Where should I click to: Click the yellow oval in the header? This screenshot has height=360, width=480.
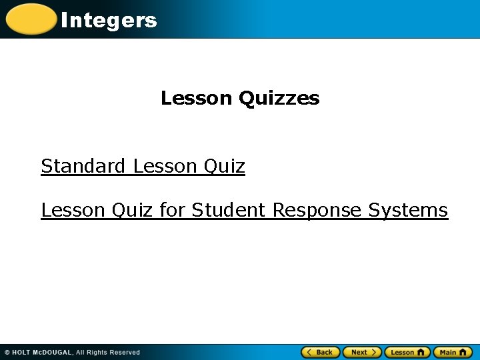tap(31, 19)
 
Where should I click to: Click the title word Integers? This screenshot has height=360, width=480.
tap(109, 20)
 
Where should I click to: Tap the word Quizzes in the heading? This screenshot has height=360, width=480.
tap(279, 99)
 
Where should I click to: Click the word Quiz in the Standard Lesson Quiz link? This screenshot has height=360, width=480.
tap(224, 166)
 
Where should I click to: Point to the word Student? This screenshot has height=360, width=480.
tap(229, 210)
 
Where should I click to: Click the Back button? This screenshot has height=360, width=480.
tap(321, 352)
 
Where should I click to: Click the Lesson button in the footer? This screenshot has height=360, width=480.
tap(407, 352)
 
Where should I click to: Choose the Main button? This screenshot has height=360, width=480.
tap(453, 352)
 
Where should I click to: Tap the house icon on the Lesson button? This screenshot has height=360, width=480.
tap(421, 352)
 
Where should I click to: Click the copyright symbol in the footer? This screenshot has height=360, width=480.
tap(7, 353)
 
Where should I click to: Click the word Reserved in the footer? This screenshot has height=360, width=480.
tap(125, 353)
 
